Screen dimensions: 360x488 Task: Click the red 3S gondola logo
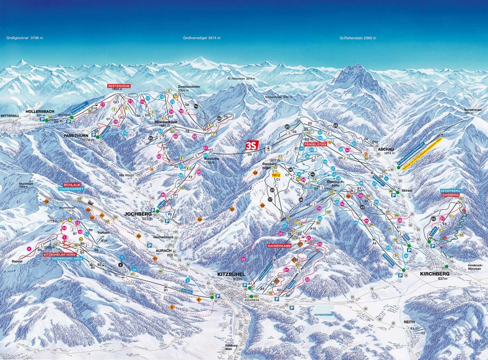click(252, 145)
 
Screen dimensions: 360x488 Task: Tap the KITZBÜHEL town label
click(230, 275)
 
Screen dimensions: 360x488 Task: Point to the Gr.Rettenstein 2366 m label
click(357, 38)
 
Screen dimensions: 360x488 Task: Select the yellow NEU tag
click(275, 175)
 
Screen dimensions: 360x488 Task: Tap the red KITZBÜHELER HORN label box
click(58, 255)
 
